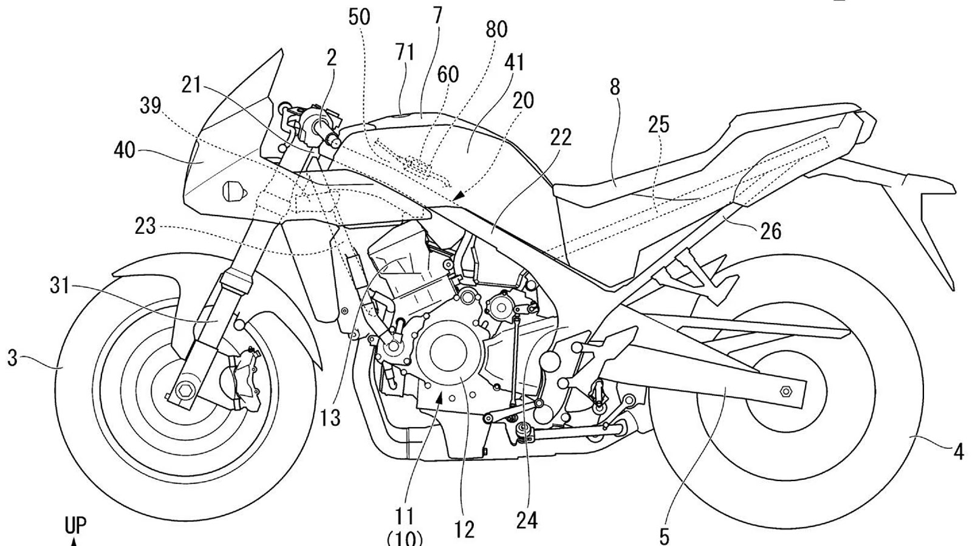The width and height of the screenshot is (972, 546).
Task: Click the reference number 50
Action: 359,17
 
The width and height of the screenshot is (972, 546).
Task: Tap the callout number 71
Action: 405,53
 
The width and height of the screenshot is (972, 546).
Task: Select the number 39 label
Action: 150,106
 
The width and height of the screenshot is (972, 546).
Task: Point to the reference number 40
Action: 125,149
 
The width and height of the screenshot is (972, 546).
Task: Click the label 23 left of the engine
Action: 145,227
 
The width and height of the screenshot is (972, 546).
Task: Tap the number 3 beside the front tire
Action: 12,358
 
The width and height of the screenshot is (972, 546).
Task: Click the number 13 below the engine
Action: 331,418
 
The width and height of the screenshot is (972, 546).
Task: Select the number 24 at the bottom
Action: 526,521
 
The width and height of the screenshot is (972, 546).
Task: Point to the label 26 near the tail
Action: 770,231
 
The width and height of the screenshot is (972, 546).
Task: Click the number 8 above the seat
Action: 615,87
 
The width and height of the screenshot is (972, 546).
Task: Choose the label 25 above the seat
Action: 659,125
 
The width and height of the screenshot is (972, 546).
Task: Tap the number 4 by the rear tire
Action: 959,452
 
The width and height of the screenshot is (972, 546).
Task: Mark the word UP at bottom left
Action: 75,527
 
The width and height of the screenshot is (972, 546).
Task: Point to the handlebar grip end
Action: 333,142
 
